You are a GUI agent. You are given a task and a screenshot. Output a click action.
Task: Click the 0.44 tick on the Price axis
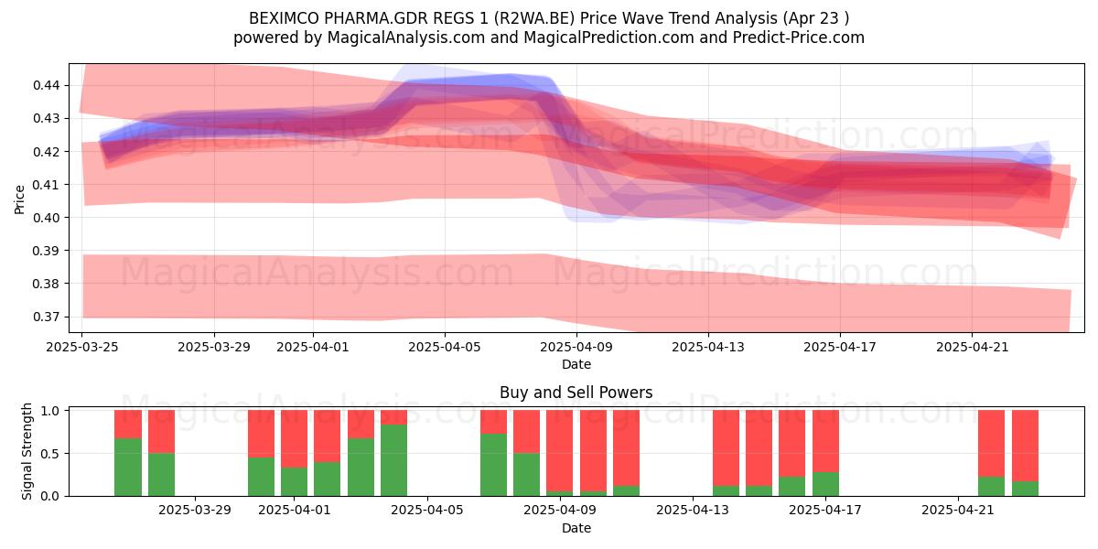[46, 86]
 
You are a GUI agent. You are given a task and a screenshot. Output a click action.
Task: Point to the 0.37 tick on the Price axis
[46, 318]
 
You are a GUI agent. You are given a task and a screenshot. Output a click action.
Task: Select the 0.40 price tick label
[46, 218]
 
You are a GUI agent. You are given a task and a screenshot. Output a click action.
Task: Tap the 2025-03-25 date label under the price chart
[81, 347]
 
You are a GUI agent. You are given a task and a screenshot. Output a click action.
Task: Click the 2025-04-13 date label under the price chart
[708, 347]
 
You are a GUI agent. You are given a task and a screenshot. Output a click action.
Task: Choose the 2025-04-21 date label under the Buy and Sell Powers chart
[958, 511]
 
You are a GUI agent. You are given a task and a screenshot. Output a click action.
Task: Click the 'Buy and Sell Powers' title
[576, 393]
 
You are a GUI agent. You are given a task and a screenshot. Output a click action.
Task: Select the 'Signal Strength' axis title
[27, 451]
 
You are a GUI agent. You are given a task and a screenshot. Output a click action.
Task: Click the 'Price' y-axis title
[19, 199]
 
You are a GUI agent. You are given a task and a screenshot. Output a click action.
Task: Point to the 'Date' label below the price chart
[576, 364]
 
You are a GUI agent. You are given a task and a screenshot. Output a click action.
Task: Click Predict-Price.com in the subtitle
[799, 38]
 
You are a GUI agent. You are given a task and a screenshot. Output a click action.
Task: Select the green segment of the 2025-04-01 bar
[294, 482]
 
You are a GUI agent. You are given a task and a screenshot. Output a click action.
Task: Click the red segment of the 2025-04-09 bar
[559, 450]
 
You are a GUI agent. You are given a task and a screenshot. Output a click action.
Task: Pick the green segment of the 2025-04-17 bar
[825, 484]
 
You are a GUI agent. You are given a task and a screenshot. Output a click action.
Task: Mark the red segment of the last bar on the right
[1025, 446]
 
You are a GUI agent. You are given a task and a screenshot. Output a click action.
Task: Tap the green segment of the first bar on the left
[128, 468]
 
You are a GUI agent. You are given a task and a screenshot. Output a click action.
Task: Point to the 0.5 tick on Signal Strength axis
[49, 454]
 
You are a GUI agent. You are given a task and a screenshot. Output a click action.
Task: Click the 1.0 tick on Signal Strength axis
[49, 411]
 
